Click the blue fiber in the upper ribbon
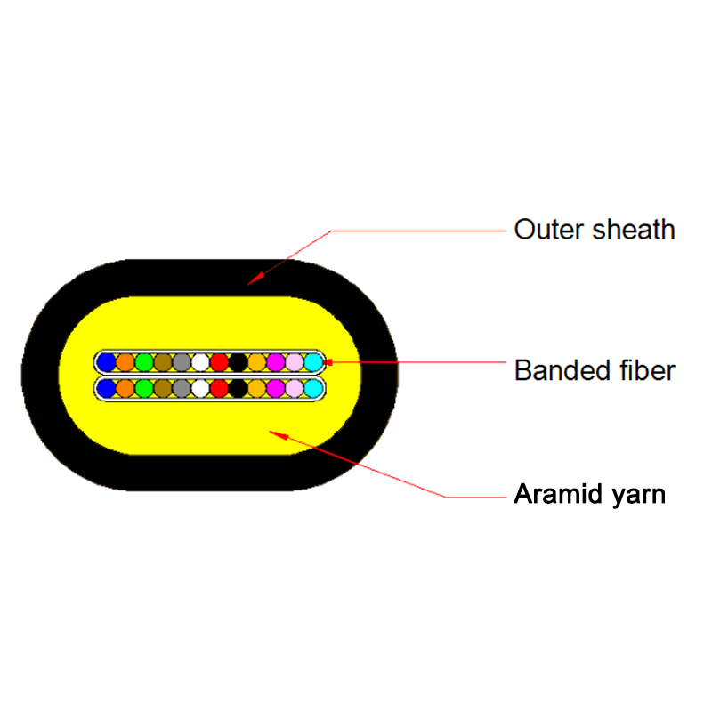[107, 362]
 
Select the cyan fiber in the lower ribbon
[312, 389]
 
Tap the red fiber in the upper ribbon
[219, 362]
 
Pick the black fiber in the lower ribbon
[238, 389]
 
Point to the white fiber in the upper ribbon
[200, 362]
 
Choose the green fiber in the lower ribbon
[144, 389]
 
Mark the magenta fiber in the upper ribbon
[275, 362]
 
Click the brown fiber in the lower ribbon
[163, 389]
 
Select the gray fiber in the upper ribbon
[182, 362]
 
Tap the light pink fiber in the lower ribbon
[294, 389]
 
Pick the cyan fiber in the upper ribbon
[312, 362]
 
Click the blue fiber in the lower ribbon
[107, 389]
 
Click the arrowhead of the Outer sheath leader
[252, 280]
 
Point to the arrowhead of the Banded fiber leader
[328, 362]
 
